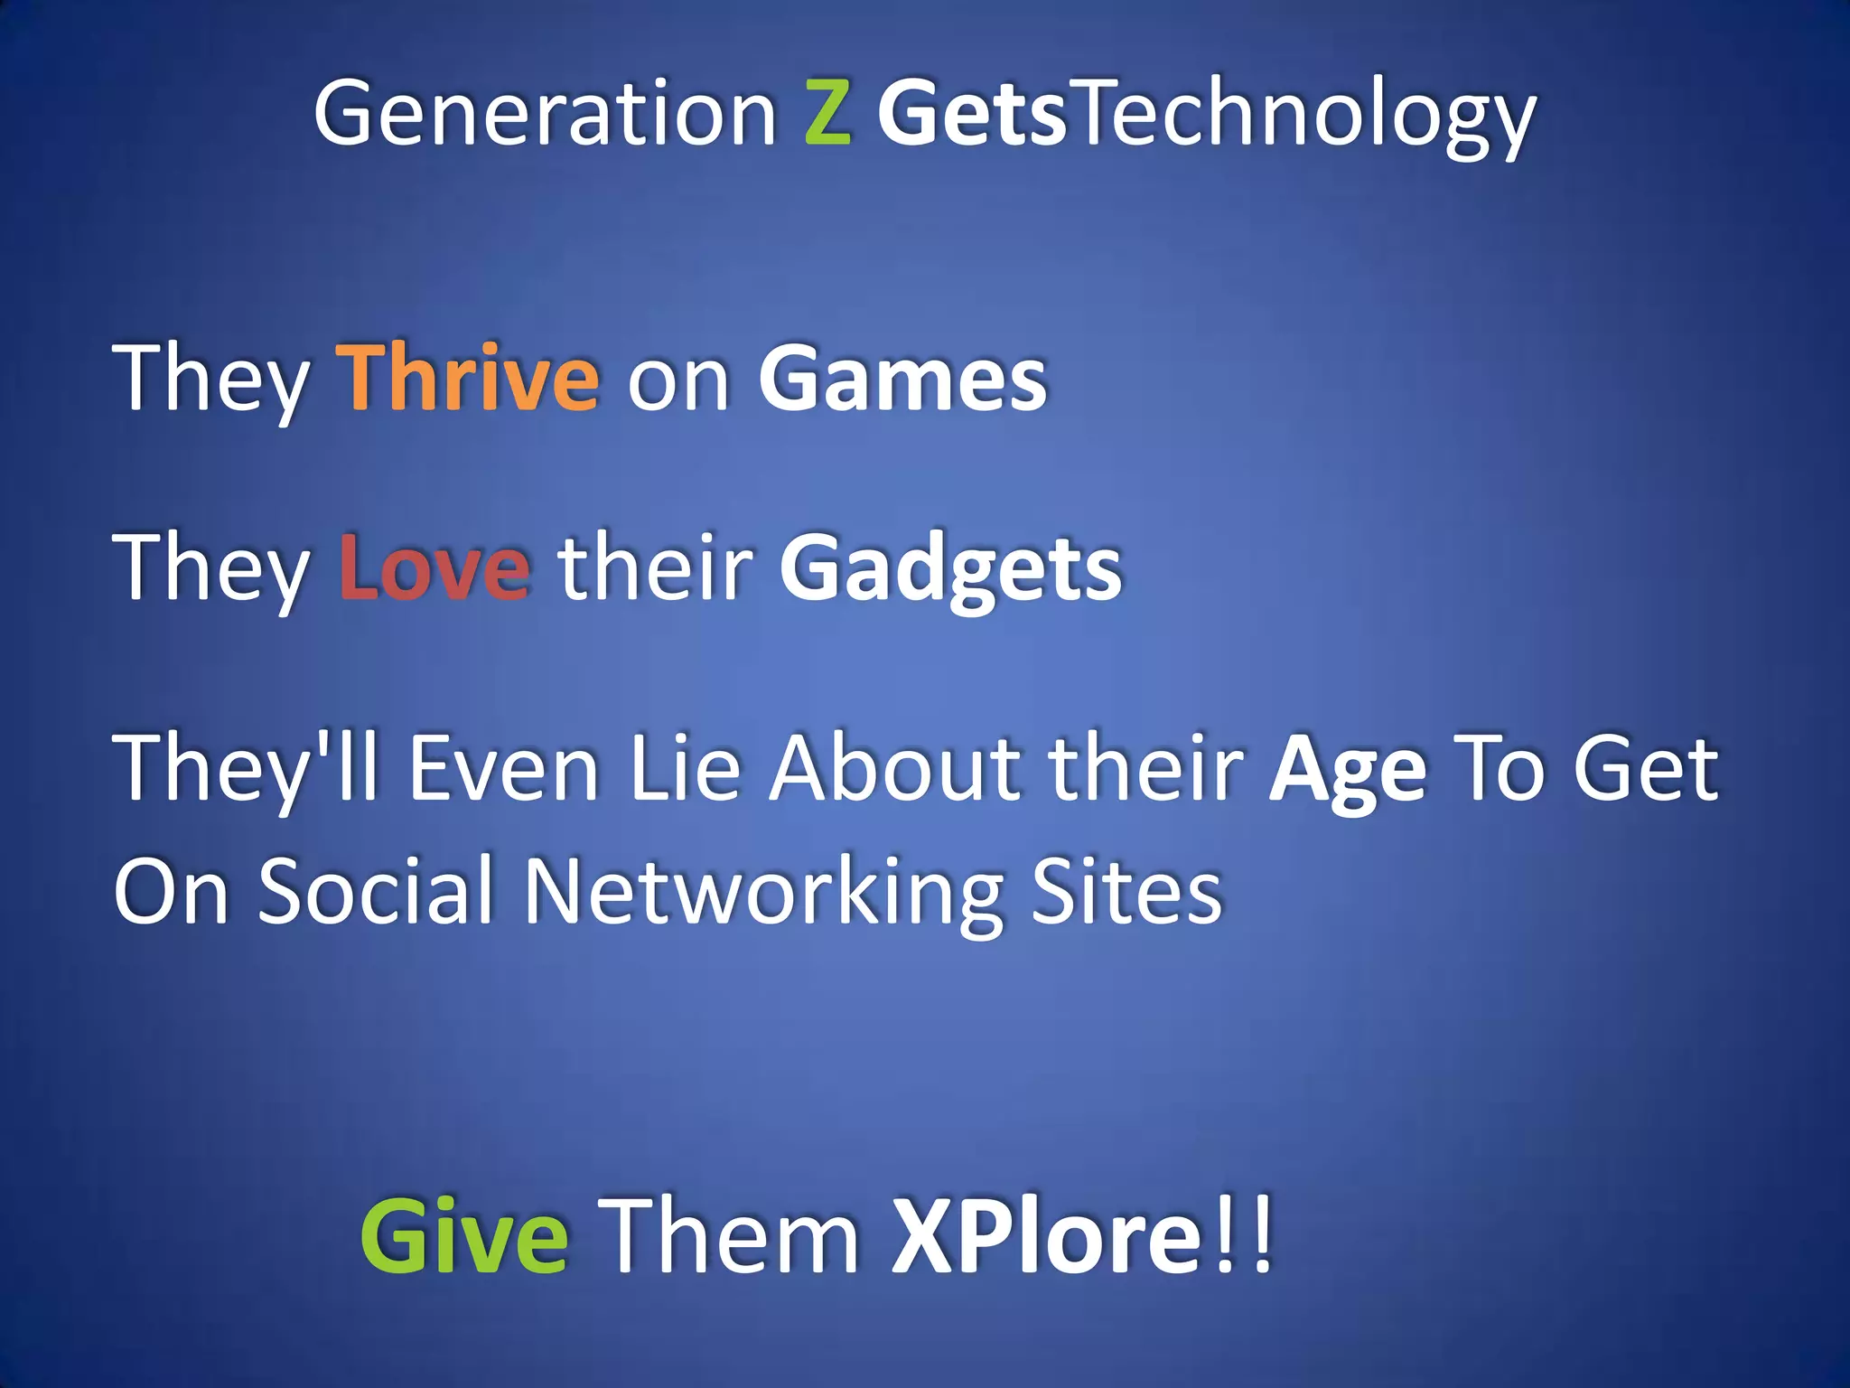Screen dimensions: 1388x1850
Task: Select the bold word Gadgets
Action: coord(950,569)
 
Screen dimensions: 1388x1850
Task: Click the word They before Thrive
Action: coord(211,380)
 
